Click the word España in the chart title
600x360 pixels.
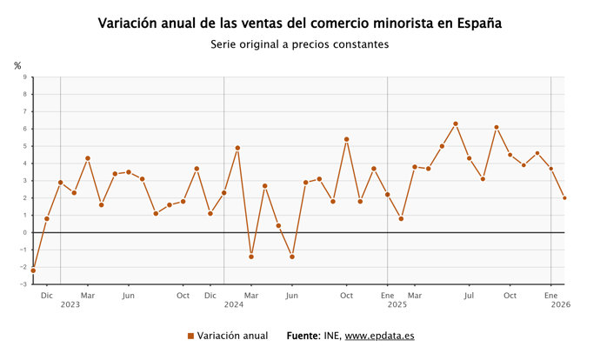point(477,23)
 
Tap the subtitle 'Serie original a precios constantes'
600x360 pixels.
point(299,44)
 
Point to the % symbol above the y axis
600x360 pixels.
point(17,65)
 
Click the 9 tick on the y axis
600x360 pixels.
point(24,77)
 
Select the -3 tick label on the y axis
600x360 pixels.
point(23,284)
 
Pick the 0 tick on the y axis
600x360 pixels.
point(24,232)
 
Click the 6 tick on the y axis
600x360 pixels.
point(24,129)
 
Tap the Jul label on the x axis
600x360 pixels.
point(470,296)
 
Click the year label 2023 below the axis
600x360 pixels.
point(70,305)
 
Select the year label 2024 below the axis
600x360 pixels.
point(234,305)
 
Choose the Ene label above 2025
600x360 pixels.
point(388,296)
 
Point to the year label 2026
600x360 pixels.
point(561,305)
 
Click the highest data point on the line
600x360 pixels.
point(456,123)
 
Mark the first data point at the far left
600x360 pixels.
point(33,270)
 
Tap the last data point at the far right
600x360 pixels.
point(564,197)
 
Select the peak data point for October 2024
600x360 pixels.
point(347,139)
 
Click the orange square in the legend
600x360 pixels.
point(190,336)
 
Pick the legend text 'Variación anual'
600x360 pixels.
point(232,336)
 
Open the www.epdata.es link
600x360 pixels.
point(379,336)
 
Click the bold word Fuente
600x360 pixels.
point(304,336)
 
